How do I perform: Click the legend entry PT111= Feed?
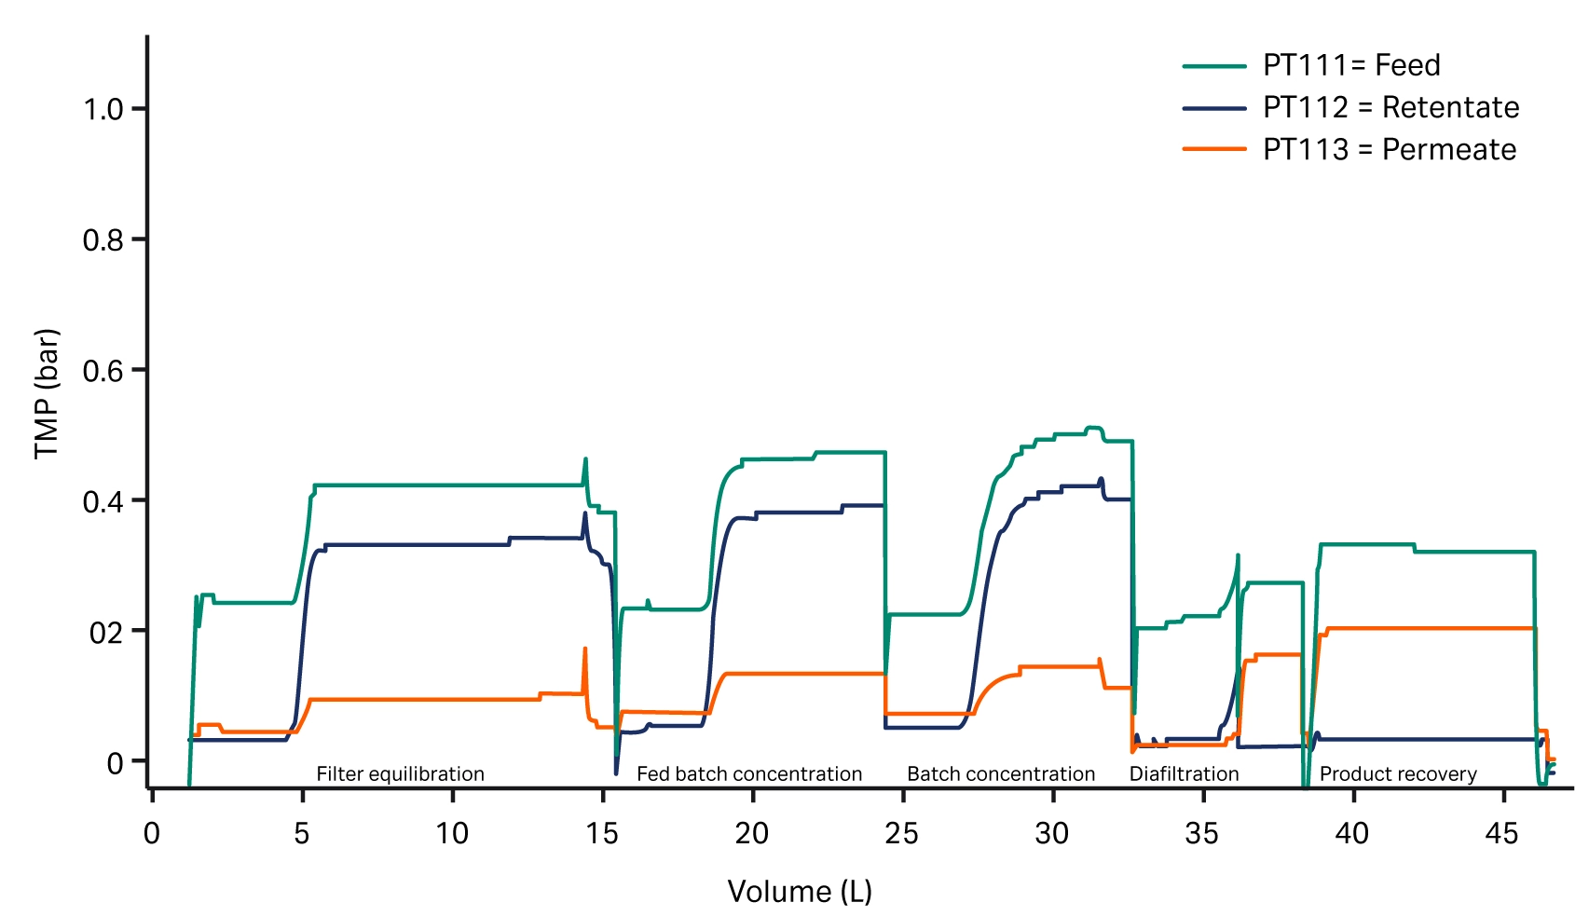[1351, 65]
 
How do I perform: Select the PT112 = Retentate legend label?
[1390, 107]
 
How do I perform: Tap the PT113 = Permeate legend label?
[1389, 149]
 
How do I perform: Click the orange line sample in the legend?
[1213, 149]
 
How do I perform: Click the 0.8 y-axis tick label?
[103, 240]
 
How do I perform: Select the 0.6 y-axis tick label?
[103, 371]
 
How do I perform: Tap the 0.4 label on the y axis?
[103, 501]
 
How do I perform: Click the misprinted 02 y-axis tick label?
[105, 633]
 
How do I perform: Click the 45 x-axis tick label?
[1502, 832]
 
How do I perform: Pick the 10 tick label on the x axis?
[452, 832]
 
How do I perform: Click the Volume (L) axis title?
[800, 891]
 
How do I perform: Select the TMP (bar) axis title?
[47, 393]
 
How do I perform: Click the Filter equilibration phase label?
[400, 773]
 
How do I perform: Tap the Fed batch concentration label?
[749, 773]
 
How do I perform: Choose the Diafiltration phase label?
[1184, 773]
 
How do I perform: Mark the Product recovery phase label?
[1398, 773]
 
